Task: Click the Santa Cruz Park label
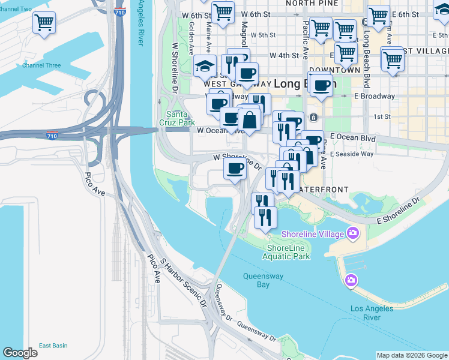(x=179, y=119)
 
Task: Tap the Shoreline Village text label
(x=310, y=233)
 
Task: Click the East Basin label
(x=53, y=346)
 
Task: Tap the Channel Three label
(x=41, y=65)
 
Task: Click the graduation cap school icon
(x=205, y=65)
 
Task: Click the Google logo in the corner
(x=20, y=353)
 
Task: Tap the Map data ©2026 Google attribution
(x=411, y=355)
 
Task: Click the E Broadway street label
(x=375, y=96)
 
